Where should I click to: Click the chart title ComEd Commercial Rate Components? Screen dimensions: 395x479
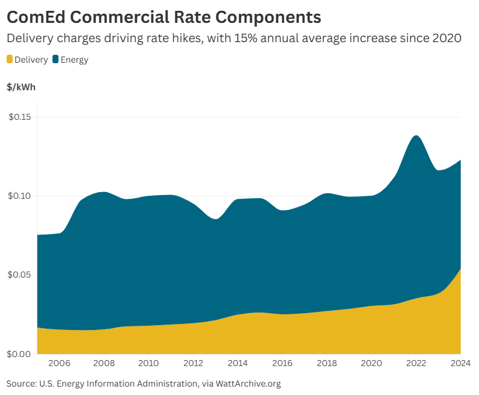point(163,16)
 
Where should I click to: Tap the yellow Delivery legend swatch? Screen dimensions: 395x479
point(10,60)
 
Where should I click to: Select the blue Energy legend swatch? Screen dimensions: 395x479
point(56,60)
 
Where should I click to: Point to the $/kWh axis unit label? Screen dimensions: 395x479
point(21,87)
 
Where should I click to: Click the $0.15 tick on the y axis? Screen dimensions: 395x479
point(21,117)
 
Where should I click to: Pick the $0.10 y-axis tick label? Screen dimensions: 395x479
point(21,196)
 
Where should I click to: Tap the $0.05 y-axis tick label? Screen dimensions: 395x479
point(21,275)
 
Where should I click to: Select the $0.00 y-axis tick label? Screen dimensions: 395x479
point(21,353)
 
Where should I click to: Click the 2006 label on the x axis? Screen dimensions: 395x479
point(59,363)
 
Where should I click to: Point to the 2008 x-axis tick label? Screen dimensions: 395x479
point(104,363)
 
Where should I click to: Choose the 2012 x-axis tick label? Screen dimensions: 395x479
point(193,363)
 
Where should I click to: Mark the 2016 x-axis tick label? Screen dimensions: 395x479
point(282,363)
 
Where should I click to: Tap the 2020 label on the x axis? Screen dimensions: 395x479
point(372,363)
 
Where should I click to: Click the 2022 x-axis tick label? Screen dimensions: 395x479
point(416,363)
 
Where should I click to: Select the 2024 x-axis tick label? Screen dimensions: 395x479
point(460,363)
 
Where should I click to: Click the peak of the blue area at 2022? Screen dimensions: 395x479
point(416,135)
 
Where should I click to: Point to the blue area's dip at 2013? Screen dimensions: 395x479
point(215,219)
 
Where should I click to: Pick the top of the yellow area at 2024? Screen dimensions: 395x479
point(460,269)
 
